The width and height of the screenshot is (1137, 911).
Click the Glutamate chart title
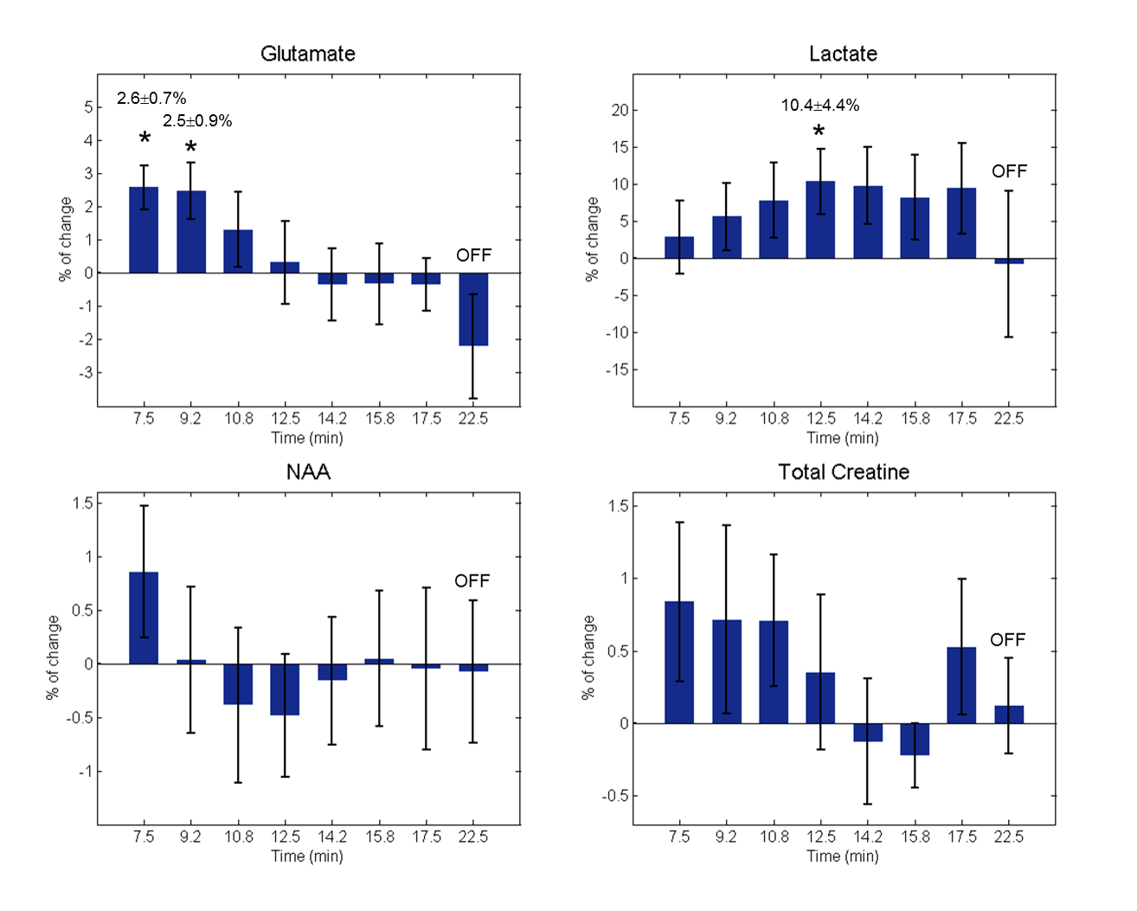click(308, 54)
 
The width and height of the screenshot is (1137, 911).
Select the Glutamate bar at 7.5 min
click(144, 230)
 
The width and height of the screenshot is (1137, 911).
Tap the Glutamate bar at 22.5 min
click(473, 309)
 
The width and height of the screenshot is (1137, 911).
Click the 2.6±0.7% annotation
click(151, 99)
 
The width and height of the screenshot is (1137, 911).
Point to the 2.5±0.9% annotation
click(197, 121)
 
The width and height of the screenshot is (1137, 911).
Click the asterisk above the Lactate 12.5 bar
click(819, 132)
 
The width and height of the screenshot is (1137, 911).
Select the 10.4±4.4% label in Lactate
click(820, 106)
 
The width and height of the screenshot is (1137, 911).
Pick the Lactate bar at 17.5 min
click(961, 223)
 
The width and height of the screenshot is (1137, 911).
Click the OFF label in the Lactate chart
click(1009, 171)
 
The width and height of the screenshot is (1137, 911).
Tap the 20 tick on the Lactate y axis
click(620, 111)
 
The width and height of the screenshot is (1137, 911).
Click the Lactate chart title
click(843, 54)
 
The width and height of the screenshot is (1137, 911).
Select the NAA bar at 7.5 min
click(144, 618)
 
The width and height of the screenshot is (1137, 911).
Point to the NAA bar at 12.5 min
click(285, 690)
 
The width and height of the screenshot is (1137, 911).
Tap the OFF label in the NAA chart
click(472, 581)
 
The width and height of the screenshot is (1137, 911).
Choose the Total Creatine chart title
click(844, 472)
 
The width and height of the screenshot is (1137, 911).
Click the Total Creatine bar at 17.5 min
click(961, 685)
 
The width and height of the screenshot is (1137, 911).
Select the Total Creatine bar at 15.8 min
click(915, 739)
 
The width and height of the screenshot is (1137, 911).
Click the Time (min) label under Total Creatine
click(843, 856)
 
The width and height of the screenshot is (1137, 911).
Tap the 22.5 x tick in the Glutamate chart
click(473, 419)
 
